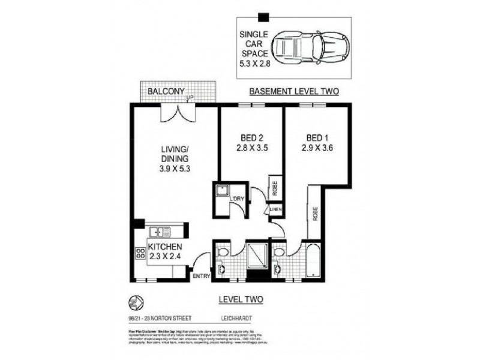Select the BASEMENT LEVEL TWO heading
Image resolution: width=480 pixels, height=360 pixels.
click(294, 92)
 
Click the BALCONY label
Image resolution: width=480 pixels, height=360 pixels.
click(163, 91)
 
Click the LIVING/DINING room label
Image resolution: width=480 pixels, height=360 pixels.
click(175, 159)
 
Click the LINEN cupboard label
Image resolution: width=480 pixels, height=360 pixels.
click(275, 209)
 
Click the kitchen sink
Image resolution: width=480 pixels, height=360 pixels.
click(160, 230)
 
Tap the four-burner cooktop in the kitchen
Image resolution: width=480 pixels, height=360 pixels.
click(141, 254)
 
